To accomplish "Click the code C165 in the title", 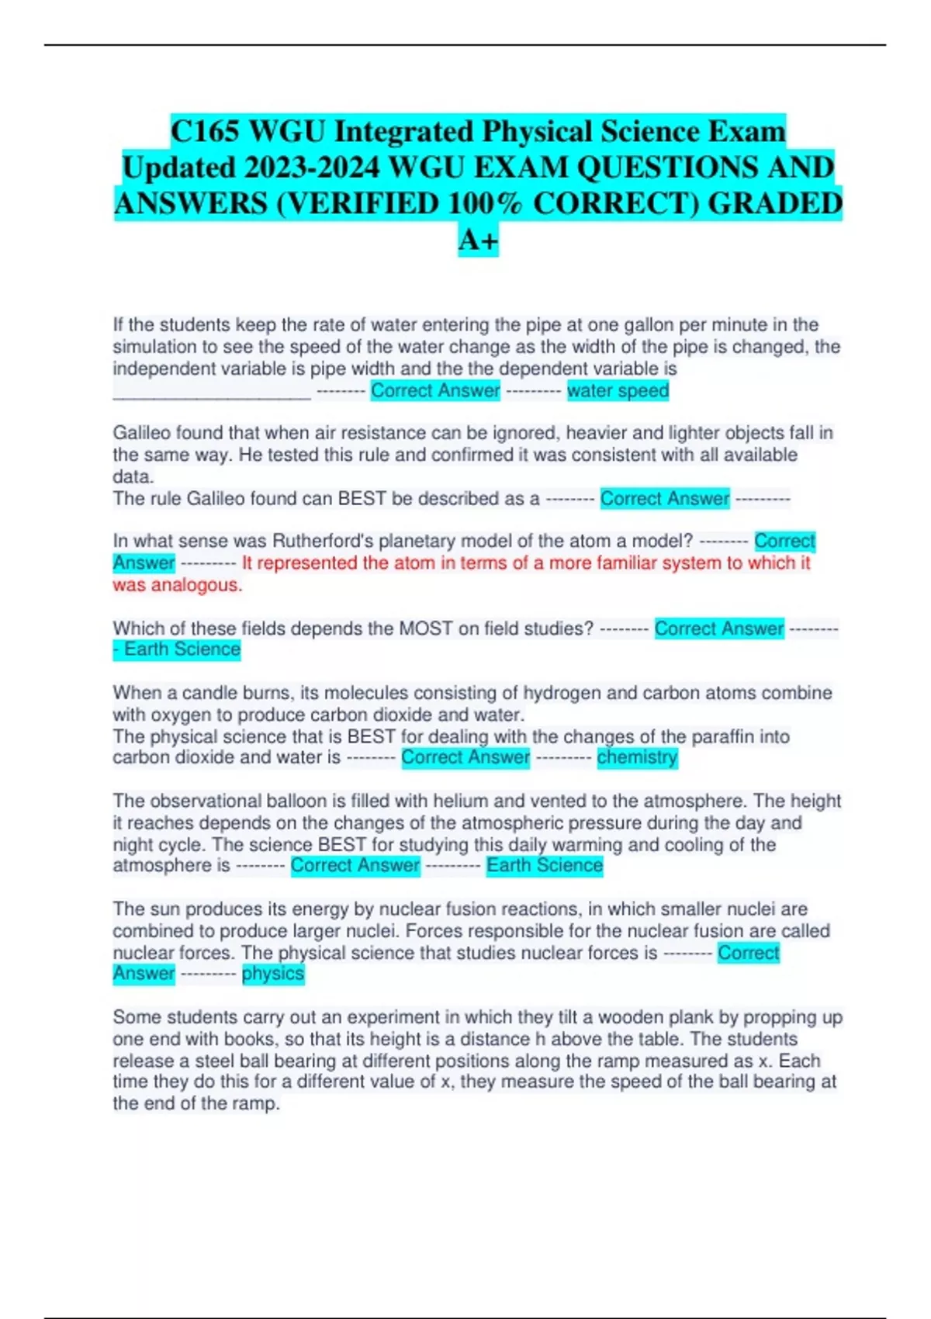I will point(204,132).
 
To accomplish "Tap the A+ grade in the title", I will point(477,241).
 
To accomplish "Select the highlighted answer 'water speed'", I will point(618,390).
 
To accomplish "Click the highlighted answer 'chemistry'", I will point(637,757).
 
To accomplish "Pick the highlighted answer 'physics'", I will point(273,974).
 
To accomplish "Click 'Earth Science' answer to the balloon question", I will point(544,866).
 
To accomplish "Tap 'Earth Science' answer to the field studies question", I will point(182,649).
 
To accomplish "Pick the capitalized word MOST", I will point(425,628).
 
